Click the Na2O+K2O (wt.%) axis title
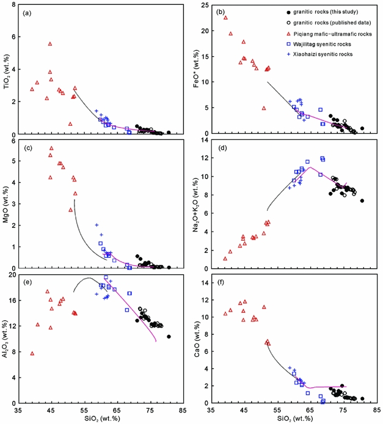point(199,205)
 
